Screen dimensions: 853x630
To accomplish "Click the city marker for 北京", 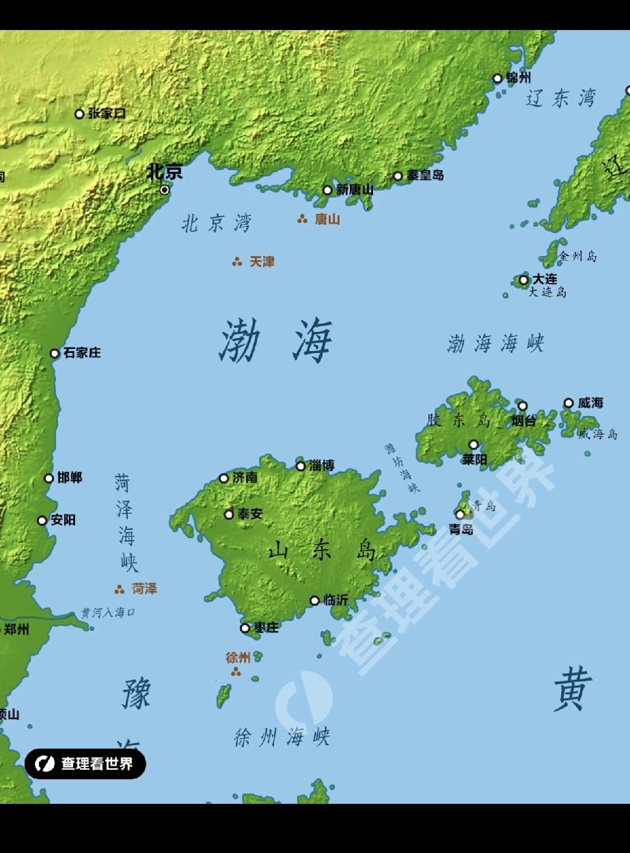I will [x=165, y=189].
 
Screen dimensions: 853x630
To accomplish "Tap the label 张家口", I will [x=107, y=113].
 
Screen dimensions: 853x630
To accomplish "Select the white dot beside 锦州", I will [x=497, y=79].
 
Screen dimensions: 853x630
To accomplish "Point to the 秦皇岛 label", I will [x=425, y=176].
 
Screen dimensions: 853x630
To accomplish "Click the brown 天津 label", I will [x=262, y=262].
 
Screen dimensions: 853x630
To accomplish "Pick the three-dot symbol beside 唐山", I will [x=302, y=219].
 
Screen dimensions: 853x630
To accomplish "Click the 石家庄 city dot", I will [x=55, y=353].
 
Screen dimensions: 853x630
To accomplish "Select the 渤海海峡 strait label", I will [x=495, y=344].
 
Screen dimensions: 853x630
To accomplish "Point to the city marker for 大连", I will [x=523, y=279].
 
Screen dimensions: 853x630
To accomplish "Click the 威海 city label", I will [x=590, y=403].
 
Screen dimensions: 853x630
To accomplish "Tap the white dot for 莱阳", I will [x=474, y=445].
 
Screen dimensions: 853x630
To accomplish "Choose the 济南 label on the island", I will [x=245, y=478].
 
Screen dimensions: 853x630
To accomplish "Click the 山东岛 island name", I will [x=322, y=550].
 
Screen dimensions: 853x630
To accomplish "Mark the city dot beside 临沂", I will [x=314, y=601].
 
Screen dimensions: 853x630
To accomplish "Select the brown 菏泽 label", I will [x=144, y=589].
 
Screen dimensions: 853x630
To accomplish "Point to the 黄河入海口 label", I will [x=108, y=613].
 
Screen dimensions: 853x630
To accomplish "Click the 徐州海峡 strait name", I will [x=282, y=737].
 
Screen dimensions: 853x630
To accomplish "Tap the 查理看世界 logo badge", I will [x=85, y=764].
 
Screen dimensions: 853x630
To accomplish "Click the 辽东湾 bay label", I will [x=560, y=98].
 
